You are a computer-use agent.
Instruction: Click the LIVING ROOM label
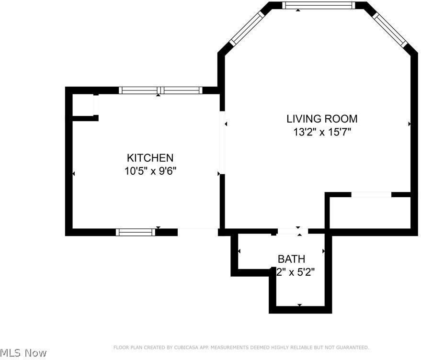click(x=322, y=119)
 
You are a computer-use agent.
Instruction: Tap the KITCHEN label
click(x=150, y=157)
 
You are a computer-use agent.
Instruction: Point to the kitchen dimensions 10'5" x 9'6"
click(x=150, y=171)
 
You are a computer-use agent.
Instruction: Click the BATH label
click(x=291, y=259)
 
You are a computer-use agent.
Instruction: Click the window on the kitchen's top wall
click(x=160, y=90)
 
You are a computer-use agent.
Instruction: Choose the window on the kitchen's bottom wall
click(x=136, y=232)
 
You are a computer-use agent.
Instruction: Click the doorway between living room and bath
click(x=292, y=232)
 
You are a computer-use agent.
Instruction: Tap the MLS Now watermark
click(x=23, y=353)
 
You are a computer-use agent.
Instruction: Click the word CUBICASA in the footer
click(x=189, y=347)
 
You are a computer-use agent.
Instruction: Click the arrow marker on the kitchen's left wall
click(x=73, y=173)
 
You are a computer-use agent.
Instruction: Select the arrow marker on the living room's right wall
click(x=410, y=124)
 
